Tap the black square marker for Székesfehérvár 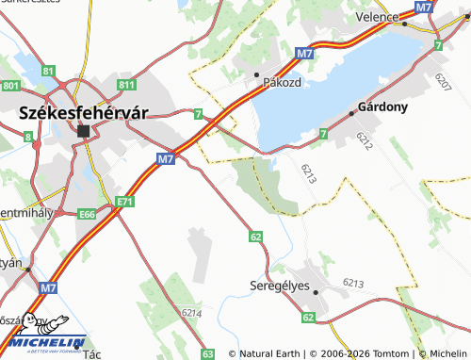pyautogui.click(x=83, y=131)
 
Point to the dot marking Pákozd pyautogui.click(x=256, y=73)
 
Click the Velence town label pyautogui.click(x=377, y=17)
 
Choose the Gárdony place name pyautogui.click(x=382, y=106)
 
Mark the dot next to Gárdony pyautogui.click(x=352, y=113)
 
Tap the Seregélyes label pyautogui.click(x=280, y=286)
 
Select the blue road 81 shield pyautogui.click(x=48, y=71)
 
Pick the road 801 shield pyautogui.click(x=10, y=86)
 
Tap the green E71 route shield pyautogui.click(x=124, y=202)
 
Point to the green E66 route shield pyautogui.click(x=88, y=215)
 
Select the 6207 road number pyautogui.click(x=444, y=81)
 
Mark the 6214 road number pyautogui.click(x=191, y=312)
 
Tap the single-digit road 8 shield pyautogui.click(x=28, y=138)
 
